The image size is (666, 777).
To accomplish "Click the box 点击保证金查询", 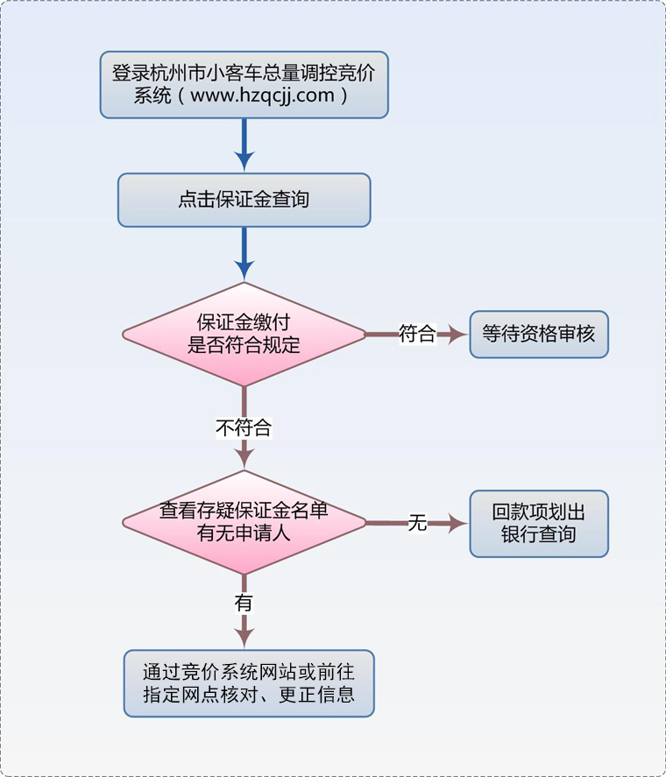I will [x=244, y=200].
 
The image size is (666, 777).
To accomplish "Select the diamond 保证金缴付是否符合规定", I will [x=244, y=334].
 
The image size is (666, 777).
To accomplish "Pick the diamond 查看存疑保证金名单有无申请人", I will [x=244, y=522].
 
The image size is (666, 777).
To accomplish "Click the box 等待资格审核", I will [x=538, y=334].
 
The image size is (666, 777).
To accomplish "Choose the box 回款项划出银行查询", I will [x=538, y=523].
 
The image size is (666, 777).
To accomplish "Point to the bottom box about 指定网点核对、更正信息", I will [x=249, y=683].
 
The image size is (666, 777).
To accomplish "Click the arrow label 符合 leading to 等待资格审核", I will [x=417, y=334].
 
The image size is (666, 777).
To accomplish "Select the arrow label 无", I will [x=417, y=524].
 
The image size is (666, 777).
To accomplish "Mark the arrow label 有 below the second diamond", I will [x=244, y=603].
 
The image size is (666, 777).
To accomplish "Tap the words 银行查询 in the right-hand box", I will [x=538, y=533].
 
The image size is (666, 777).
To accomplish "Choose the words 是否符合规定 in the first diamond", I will [x=244, y=345].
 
